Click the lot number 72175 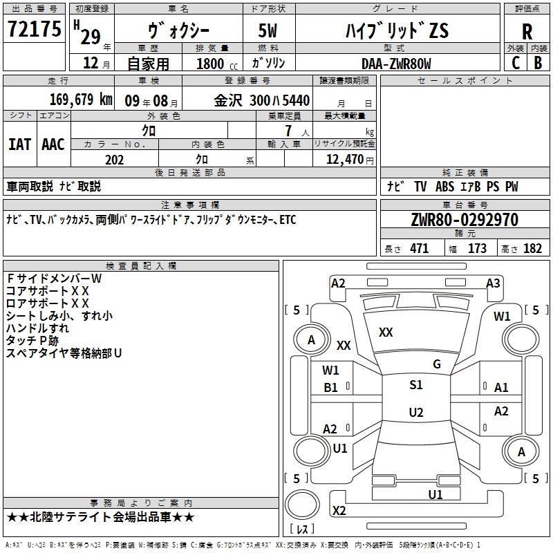coord(34,30)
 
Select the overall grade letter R coord(527,31)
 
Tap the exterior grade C coord(515,62)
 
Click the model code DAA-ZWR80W coord(396,63)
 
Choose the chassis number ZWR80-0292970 coord(454,221)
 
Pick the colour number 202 coord(114,160)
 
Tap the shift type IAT coord(19,144)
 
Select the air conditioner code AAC coord(53,144)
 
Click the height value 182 coord(532,249)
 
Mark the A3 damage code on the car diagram coord(493,283)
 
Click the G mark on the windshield coord(436,364)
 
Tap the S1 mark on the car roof coord(415,385)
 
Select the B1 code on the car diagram coord(331,388)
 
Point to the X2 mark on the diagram coord(339,510)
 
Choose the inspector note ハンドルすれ coord(37,328)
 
